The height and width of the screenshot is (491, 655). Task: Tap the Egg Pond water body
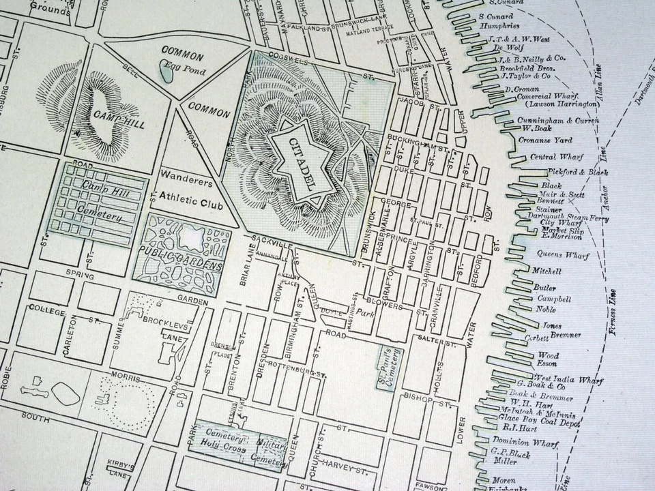(x=166, y=69)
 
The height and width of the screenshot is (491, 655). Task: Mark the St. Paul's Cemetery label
(x=392, y=368)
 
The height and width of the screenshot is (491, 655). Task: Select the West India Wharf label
(x=564, y=379)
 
